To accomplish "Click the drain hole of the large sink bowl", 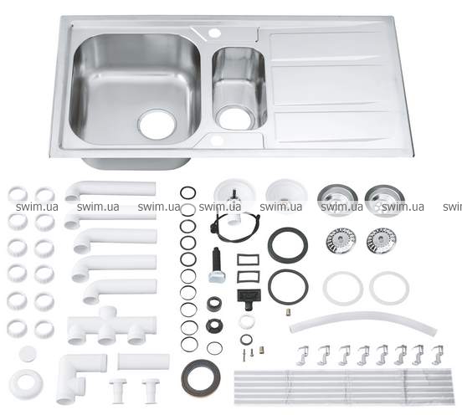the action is pyautogui.click(x=157, y=125).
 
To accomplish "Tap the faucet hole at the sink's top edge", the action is pyautogui.click(x=214, y=33).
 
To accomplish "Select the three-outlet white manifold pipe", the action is pyautogui.click(x=111, y=325).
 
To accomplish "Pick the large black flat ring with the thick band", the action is pyautogui.click(x=288, y=244).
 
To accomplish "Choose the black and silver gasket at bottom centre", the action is pyautogui.click(x=201, y=377).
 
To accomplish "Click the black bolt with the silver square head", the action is pyautogui.click(x=217, y=265).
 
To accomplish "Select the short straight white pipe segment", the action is pyautogui.click(x=143, y=361).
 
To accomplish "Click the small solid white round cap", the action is pyautogui.click(x=28, y=353).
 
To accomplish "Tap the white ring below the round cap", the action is pyautogui.click(x=26, y=384).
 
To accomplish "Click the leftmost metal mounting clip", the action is pyautogui.click(x=303, y=356).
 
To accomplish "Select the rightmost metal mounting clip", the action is pyautogui.click(x=438, y=355).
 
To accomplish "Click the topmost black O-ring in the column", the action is pyautogui.click(x=187, y=193).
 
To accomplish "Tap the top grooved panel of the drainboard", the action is pyautogui.click(x=327, y=47).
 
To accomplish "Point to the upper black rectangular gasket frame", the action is pyautogui.click(x=248, y=260).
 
